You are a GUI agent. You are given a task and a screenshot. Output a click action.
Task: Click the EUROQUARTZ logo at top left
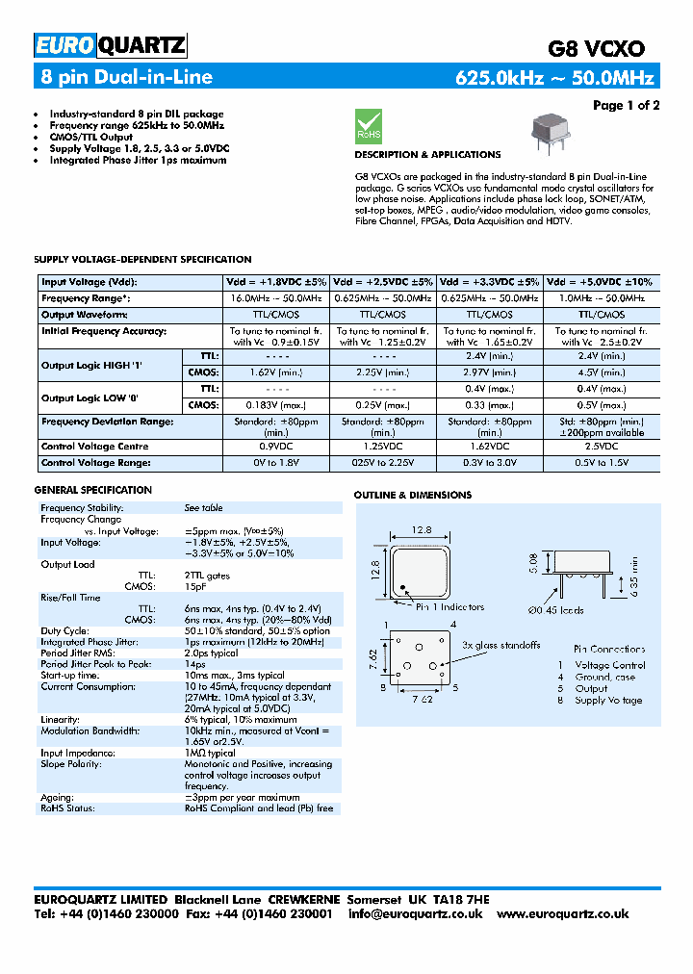point(110,45)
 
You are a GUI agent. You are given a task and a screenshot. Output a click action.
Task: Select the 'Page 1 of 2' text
point(626,105)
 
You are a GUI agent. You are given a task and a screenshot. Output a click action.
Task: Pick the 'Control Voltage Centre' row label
point(94,447)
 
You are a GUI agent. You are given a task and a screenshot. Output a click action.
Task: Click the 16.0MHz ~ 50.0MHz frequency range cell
point(275,298)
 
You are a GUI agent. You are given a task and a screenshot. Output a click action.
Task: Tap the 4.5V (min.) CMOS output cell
point(602,372)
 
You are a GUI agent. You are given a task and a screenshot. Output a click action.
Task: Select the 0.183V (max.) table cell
point(275,405)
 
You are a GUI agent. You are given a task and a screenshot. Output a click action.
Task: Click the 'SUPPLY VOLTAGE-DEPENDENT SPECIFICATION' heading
point(142,259)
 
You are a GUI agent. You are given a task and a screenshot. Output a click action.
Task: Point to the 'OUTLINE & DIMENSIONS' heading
point(413,495)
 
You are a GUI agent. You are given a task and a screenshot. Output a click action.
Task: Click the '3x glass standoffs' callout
point(500,645)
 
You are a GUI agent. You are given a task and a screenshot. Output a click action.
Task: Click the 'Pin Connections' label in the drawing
point(609,650)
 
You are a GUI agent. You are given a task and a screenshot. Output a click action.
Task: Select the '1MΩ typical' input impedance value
point(209,754)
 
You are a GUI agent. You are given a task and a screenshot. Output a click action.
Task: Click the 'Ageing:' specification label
point(56,797)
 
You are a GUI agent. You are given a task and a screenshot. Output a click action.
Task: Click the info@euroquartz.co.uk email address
point(415,913)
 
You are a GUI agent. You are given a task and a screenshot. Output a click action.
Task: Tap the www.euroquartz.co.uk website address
point(577,913)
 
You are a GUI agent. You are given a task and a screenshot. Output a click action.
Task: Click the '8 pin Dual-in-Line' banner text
point(126,77)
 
